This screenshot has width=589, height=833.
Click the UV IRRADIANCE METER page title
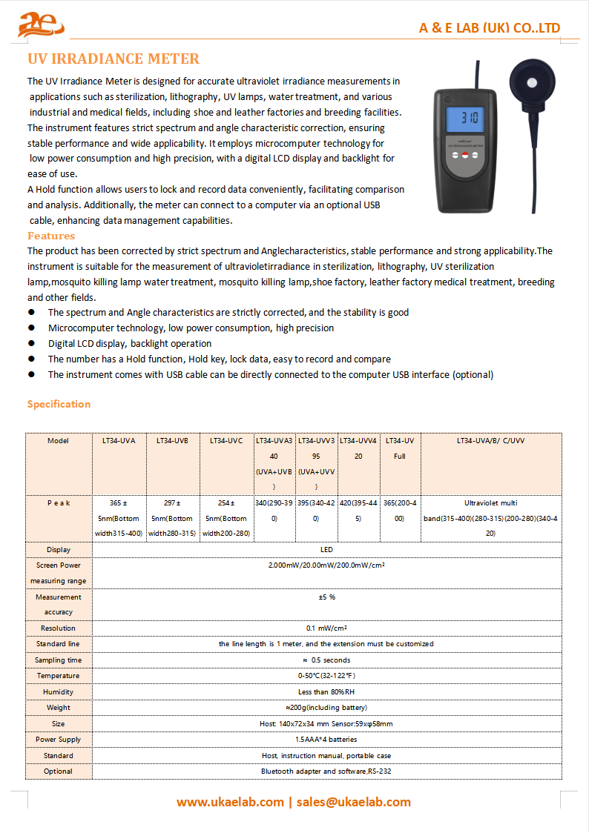pyautogui.click(x=113, y=59)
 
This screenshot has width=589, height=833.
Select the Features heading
pyautogui.click(x=51, y=236)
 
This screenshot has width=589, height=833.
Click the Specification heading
pyautogui.click(x=59, y=404)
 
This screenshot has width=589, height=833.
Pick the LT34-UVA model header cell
pyautogui.click(x=119, y=440)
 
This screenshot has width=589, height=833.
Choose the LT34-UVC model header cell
pyautogui.click(x=226, y=440)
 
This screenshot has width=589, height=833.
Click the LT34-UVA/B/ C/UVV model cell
pyautogui.click(x=490, y=440)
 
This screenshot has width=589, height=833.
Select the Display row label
pyautogui.click(x=59, y=550)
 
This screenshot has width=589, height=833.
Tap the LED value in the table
pyautogui.click(x=326, y=550)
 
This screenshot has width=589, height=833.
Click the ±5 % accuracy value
pyautogui.click(x=326, y=597)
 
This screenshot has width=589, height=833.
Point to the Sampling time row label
pyautogui.click(x=59, y=660)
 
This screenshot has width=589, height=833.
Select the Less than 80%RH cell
pyautogui.click(x=326, y=692)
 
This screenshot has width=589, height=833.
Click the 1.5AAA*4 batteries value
pyautogui.click(x=326, y=740)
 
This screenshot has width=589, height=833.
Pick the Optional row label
pyautogui.click(x=59, y=771)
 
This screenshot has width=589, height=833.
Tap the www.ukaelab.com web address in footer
pyautogui.click(x=230, y=802)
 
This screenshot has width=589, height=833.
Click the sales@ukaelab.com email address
pyautogui.click(x=354, y=802)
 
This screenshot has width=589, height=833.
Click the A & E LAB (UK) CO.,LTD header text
pyautogui.click(x=490, y=28)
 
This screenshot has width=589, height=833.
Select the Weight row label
pyautogui.click(x=59, y=708)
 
